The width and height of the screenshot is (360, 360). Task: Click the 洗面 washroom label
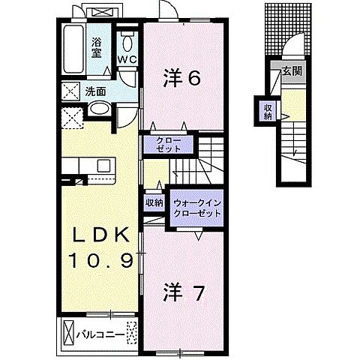94,91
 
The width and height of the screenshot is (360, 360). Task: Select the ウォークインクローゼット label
197,208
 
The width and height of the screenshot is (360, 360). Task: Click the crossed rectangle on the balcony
69,330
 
